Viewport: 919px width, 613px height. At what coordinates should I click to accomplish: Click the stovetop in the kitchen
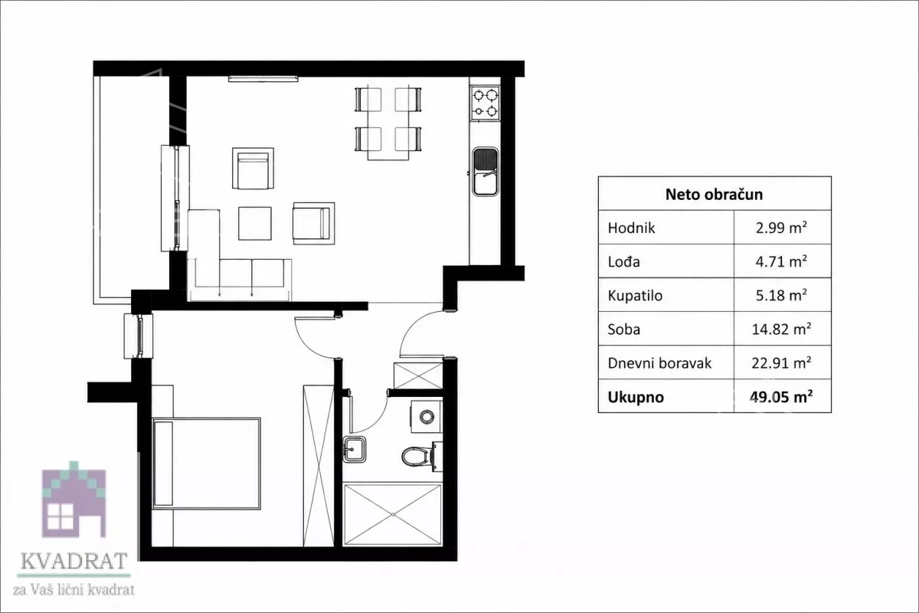485,103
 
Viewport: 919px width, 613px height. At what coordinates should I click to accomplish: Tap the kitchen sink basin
486,172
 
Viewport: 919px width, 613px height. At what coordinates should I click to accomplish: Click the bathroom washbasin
355,450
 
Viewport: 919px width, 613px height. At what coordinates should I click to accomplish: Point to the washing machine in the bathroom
427,417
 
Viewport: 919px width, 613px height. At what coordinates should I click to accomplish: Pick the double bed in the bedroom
206,464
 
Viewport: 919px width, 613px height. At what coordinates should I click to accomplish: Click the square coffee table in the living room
255,223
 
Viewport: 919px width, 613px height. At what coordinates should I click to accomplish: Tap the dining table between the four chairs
388,123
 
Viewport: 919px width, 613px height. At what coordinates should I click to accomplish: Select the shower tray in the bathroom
393,515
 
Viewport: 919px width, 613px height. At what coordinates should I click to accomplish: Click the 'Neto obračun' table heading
714,194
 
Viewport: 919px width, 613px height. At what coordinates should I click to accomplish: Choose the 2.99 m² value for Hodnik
782,228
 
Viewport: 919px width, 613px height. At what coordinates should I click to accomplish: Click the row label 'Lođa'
623,261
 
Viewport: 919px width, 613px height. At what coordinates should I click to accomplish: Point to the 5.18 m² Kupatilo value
782,295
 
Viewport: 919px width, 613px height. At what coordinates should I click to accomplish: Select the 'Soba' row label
623,329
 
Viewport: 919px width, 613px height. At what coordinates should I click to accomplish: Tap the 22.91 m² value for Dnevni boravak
782,363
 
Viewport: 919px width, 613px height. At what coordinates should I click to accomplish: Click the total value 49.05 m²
782,397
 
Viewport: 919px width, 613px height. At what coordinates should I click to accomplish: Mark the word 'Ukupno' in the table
636,397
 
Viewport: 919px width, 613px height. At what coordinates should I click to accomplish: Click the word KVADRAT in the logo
74,561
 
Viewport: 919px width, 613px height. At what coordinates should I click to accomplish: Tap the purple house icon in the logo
74,500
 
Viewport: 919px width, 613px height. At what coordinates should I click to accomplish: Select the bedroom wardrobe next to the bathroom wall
319,466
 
